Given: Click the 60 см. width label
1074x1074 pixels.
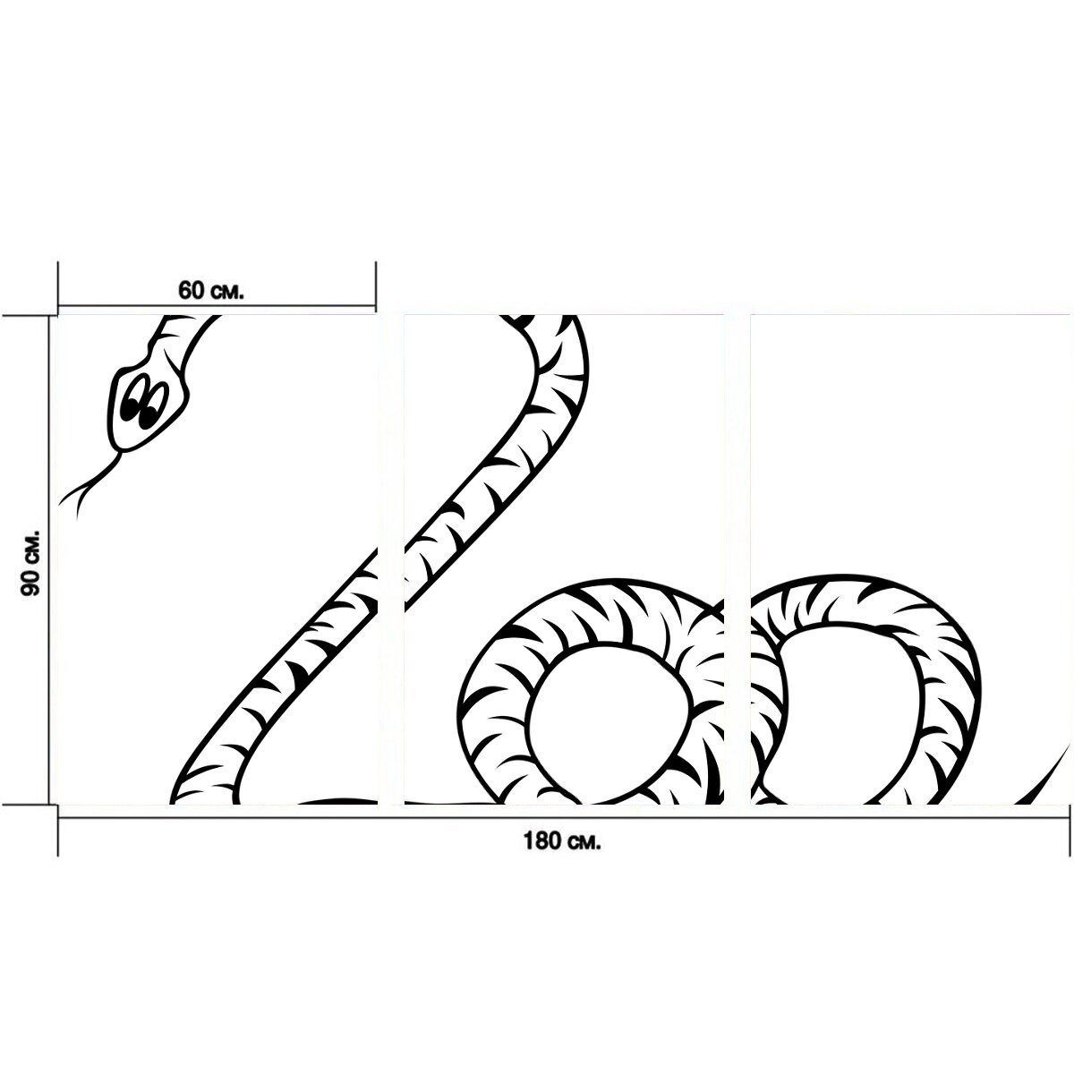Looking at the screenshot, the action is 210,290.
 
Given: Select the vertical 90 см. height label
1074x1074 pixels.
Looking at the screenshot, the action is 30,564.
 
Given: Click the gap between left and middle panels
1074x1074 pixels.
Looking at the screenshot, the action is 391,559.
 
